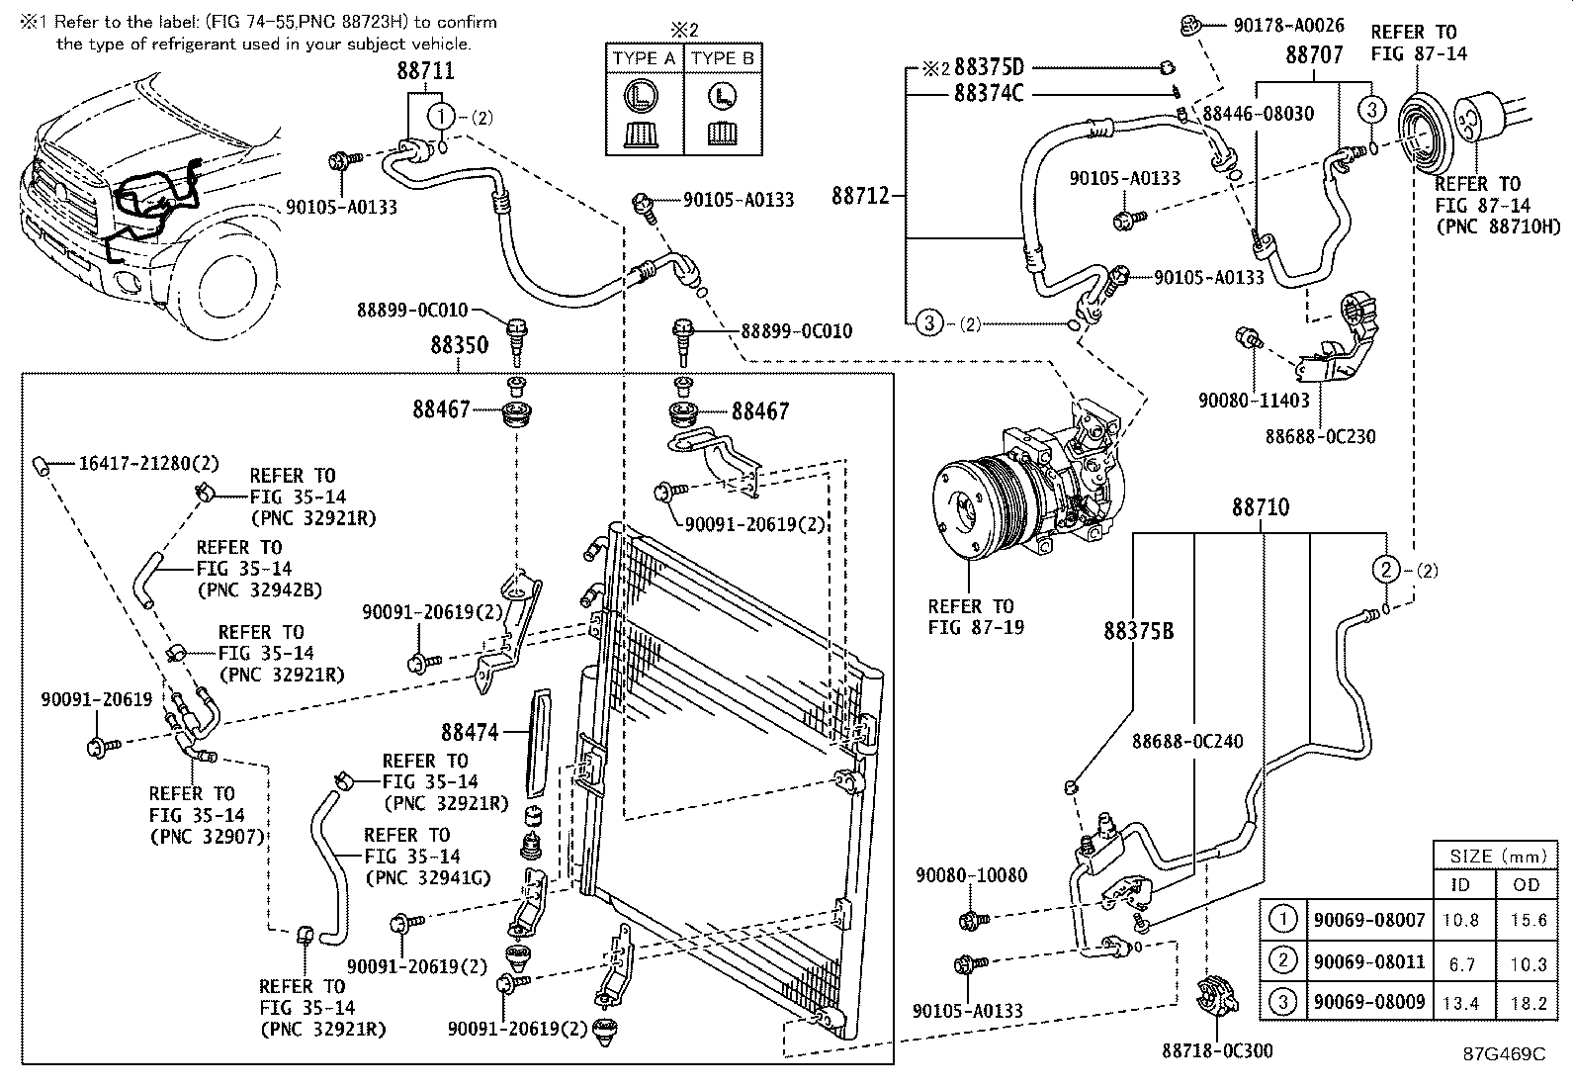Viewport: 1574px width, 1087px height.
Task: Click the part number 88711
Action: pyautogui.click(x=426, y=71)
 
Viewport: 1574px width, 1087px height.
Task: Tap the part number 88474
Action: pyautogui.click(x=471, y=733)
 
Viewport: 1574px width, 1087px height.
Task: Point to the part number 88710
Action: pyautogui.click(x=1260, y=508)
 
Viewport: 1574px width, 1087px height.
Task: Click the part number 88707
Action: pyautogui.click(x=1314, y=56)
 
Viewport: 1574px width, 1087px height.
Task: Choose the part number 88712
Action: pyautogui.click(x=861, y=196)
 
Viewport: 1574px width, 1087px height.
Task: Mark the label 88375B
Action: pyautogui.click(x=1139, y=630)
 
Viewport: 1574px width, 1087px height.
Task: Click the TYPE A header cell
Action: pyautogui.click(x=644, y=58)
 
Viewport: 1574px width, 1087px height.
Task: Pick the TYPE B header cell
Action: pyautogui.click(x=723, y=58)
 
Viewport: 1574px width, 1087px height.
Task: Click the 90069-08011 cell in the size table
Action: pyautogui.click(x=1368, y=961)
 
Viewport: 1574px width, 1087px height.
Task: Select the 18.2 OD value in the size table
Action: pyautogui.click(x=1528, y=1003)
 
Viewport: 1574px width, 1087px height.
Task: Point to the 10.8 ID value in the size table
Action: pyautogui.click(x=1460, y=921)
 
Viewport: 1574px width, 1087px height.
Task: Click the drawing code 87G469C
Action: pyautogui.click(x=1503, y=1054)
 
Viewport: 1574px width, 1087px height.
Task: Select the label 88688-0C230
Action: pyautogui.click(x=1320, y=436)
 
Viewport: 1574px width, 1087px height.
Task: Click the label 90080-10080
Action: pyautogui.click(x=971, y=875)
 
